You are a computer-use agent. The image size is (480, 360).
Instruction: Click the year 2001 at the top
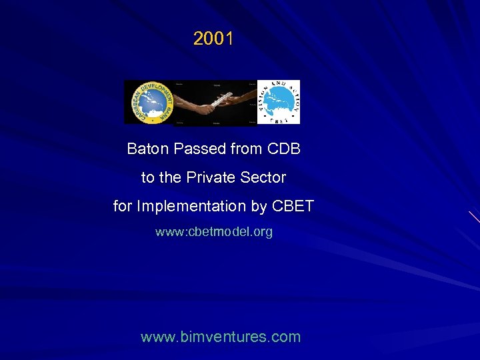[213, 39]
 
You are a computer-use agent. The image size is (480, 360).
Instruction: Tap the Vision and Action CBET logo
[279, 102]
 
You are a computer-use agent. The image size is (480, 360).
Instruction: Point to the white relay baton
[215, 99]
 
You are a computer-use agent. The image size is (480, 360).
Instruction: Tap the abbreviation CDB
[284, 149]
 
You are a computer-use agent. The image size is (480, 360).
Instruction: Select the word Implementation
[191, 207]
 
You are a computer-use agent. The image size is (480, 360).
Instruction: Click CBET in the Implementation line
[293, 207]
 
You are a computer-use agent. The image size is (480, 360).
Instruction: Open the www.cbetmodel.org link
[214, 232]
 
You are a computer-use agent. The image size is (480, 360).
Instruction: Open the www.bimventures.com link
[221, 337]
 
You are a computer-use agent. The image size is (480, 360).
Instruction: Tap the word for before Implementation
[123, 207]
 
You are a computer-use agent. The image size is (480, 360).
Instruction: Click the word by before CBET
[259, 207]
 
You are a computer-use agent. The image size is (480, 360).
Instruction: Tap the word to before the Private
[147, 178]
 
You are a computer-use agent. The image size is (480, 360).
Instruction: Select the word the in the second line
[171, 178]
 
